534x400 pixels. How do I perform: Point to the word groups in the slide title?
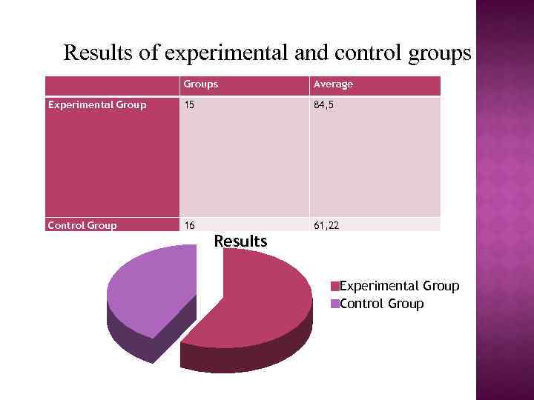tap(438, 53)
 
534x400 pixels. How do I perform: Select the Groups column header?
tap(201, 84)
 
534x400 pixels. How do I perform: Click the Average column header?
tap(333, 84)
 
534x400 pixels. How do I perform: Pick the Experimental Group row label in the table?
tap(97, 105)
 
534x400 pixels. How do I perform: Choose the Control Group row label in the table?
tap(82, 225)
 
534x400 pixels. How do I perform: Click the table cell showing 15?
tap(190, 105)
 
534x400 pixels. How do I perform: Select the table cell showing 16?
tap(190, 225)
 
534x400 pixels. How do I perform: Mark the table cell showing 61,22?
tap(326, 225)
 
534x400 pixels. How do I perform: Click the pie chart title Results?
tap(240, 241)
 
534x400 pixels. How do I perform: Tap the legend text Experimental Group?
tap(400, 286)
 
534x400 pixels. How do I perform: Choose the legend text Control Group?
tap(382, 304)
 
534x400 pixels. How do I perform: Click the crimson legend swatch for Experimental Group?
tap(335, 287)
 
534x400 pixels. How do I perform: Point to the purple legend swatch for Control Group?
tap(335, 304)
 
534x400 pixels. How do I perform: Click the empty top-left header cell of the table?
tap(111, 85)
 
